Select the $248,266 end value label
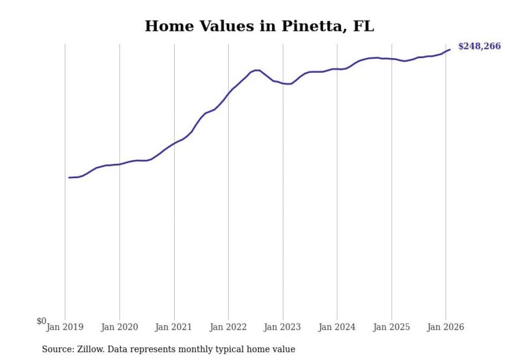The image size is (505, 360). pos(479,46)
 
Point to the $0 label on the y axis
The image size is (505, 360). pos(41,321)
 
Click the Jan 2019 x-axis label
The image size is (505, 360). pos(65,327)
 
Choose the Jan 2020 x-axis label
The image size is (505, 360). pos(120,327)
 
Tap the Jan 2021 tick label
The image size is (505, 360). pos(174,327)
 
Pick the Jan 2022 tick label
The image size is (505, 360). pos(228,327)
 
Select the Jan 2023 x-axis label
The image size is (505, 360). pos(283,327)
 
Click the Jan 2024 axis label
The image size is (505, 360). pos(337,327)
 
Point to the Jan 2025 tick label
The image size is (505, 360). pos(392,327)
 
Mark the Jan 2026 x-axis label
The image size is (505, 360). pos(446,327)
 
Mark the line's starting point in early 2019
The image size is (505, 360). pos(69,178)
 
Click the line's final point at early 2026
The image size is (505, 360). pos(450,49)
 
